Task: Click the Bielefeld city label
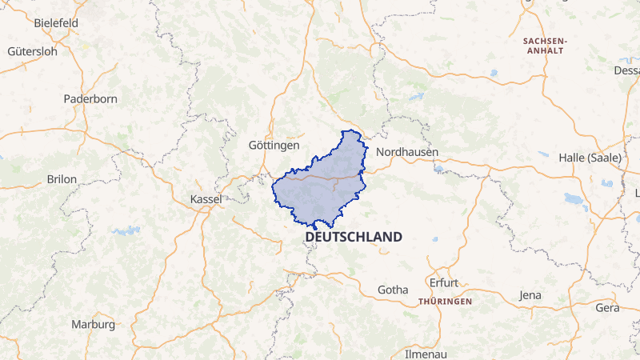pyautogui.click(x=55, y=23)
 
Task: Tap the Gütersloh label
pyautogui.click(x=32, y=51)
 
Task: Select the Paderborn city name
pyautogui.click(x=90, y=99)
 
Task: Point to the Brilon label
pyautogui.click(x=62, y=179)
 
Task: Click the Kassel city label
pyautogui.click(x=206, y=198)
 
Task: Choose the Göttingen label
pyautogui.click(x=274, y=146)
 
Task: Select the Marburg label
pyautogui.click(x=93, y=325)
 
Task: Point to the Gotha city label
pyautogui.click(x=392, y=290)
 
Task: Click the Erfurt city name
pyautogui.click(x=443, y=283)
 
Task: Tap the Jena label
pyautogui.click(x=530, y=295)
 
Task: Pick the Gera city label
pyautogui.click(x=608, y=308)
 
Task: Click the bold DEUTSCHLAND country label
pyautogui.click(x=353, y=238)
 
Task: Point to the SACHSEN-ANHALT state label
pyautogui.click(x=544, y=45)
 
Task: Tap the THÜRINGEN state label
pyautogui.click(x=445, y=302)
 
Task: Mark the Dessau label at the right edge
pyautogui.click(x=626, y=70)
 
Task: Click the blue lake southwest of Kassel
pyautogui.click(x=126, y=230)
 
